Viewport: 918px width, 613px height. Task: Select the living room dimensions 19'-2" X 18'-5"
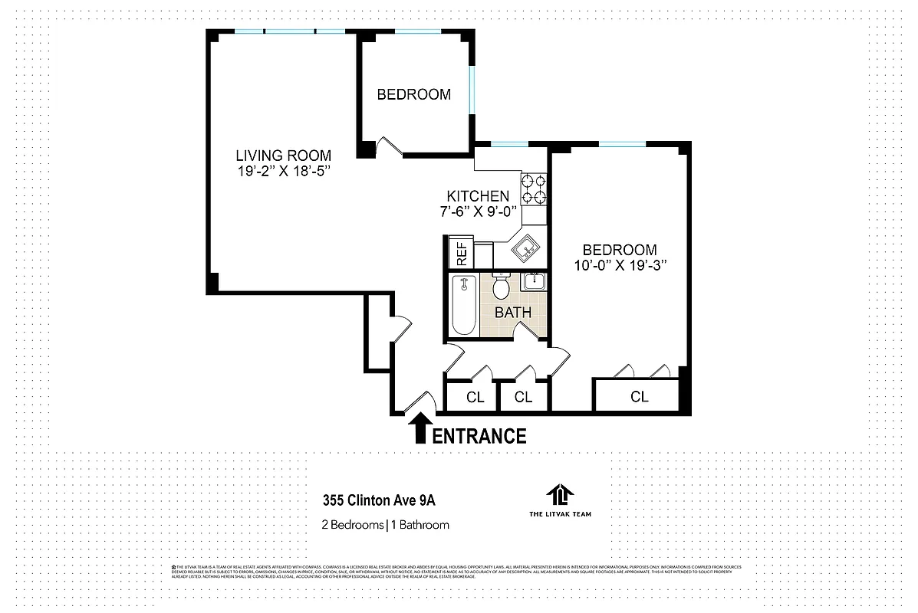(283, 171)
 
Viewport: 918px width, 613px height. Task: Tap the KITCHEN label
(478, 197)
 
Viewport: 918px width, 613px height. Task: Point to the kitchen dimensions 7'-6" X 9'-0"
(478, 212)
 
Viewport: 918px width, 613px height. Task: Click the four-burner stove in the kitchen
(534, 189)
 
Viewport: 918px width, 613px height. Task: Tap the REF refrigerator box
(462, 254)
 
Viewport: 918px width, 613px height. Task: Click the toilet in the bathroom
(502, 287)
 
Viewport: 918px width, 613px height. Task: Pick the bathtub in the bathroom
(464, 306)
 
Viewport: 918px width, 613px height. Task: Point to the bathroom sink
(533, 282)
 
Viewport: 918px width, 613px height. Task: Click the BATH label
(513, 313)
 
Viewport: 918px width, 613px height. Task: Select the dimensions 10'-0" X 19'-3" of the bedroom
(620, 266)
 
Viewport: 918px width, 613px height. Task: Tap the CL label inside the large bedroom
(639, 397)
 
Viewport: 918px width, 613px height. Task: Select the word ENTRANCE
(480, 437)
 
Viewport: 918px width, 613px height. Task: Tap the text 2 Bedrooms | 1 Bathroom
(385, 525)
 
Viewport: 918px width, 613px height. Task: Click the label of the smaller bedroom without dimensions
(413, 95)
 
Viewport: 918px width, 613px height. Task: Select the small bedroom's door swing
(390, 146)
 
